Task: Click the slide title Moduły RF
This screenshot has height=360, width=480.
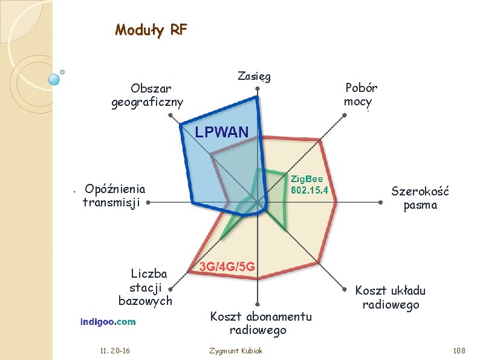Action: point(151,31)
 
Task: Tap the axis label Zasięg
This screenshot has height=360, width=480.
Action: point(254,76)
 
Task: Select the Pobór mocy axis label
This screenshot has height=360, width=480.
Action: point(360,94)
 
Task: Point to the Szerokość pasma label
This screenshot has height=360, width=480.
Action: point(420,198)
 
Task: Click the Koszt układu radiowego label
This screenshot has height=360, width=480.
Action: point(391,298)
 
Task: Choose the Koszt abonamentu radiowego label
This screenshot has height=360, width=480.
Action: point(261,323)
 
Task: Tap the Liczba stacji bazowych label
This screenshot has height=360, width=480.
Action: point(146,287)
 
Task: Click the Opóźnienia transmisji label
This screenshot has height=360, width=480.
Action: point(114,195)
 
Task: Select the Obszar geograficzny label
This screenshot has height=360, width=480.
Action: point(148,96)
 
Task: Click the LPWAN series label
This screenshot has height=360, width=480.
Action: point(222,132)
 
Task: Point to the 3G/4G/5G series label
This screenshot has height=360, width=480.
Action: point(227,267)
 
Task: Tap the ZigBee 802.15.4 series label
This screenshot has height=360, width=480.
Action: point(309,185)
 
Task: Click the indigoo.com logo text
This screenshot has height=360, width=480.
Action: point(108,322)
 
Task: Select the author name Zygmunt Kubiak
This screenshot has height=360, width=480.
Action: point(236,351)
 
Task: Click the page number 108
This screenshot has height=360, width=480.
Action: point(459,350)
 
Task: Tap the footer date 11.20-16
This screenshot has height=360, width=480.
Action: point(115,350)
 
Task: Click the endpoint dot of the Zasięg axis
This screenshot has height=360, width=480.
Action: point(258,88)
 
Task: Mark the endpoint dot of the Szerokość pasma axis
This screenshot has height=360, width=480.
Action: point(380,202)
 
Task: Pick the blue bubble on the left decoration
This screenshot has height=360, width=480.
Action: point(54,80)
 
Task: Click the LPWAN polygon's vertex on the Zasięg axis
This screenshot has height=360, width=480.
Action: point(257,97)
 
